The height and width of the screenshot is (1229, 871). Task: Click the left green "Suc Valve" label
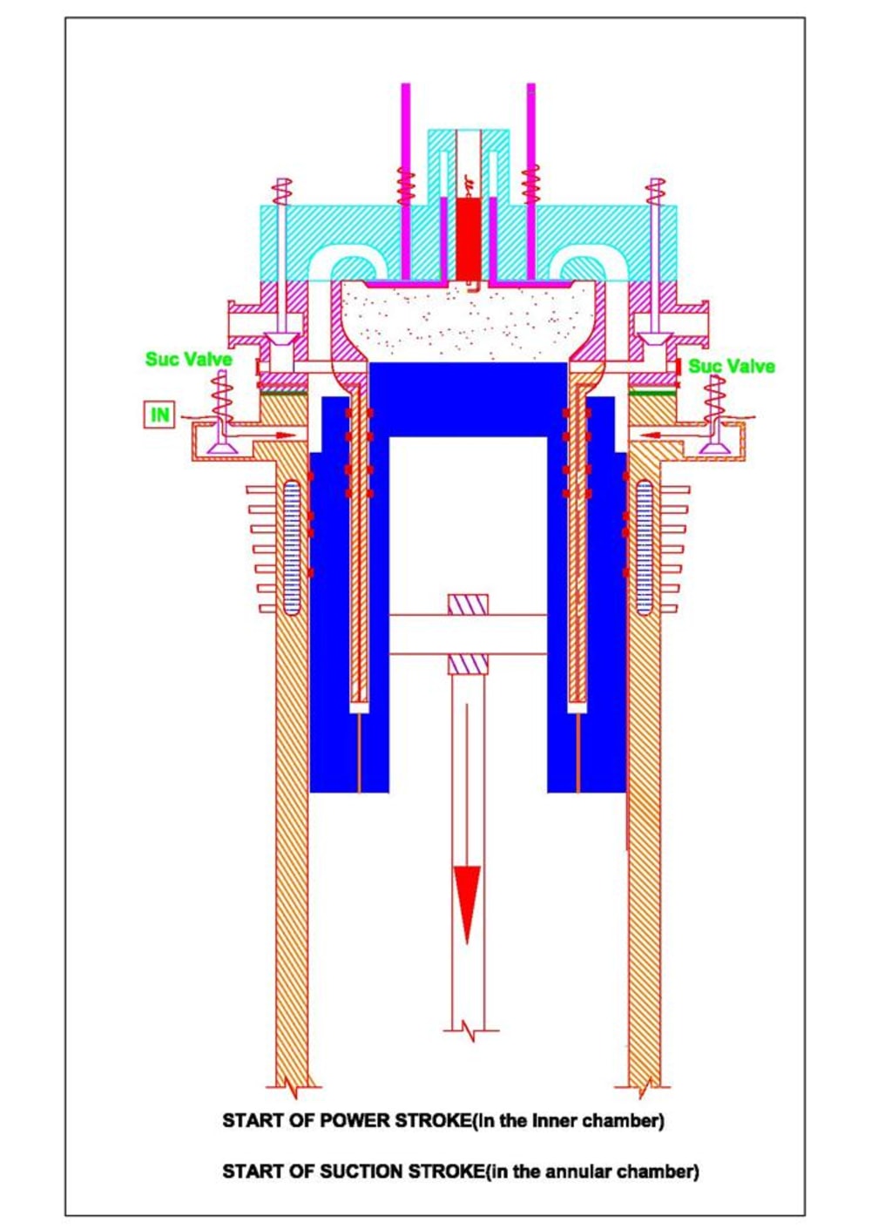188,359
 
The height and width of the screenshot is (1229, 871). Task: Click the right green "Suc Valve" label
732,366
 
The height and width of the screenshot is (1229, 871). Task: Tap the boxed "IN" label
159,415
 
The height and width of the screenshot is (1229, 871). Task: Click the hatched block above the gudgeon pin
468,604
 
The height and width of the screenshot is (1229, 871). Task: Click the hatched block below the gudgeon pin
468,665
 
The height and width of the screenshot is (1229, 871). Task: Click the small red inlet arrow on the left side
281,435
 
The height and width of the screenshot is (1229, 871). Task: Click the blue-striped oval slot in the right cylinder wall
645,546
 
